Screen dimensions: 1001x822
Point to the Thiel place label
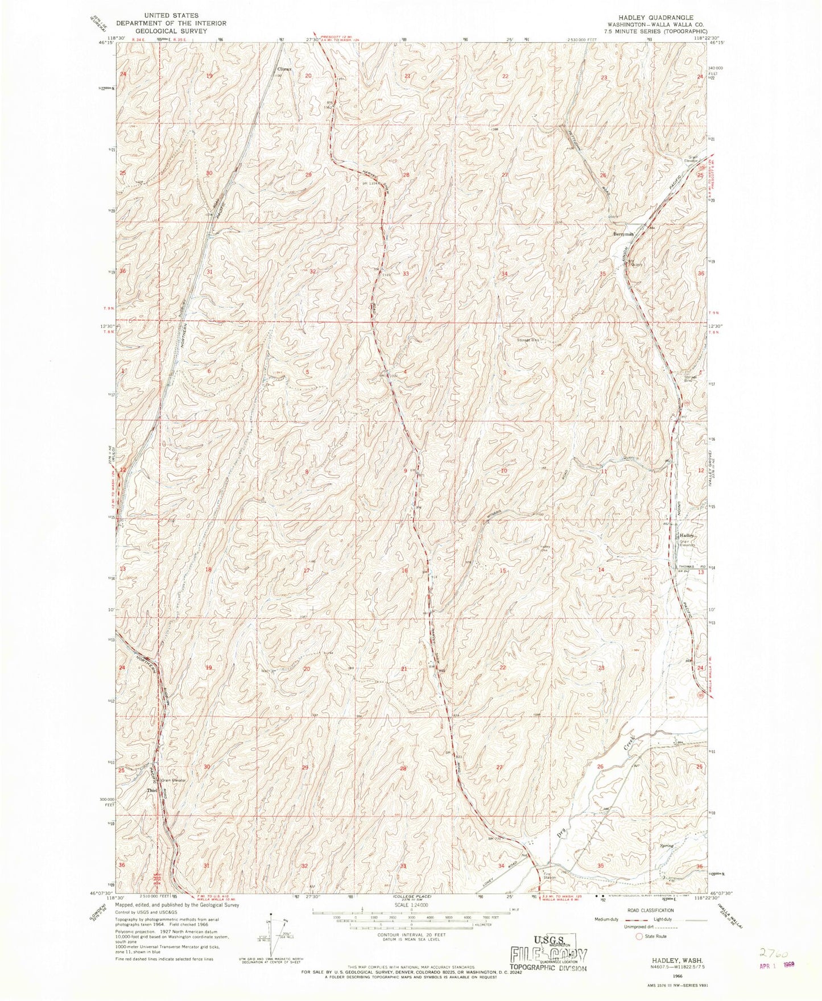(x=151, y=791)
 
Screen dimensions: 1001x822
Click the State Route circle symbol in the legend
(x=639, y=936)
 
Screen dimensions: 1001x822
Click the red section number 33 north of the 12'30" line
(x=406, y=274)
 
